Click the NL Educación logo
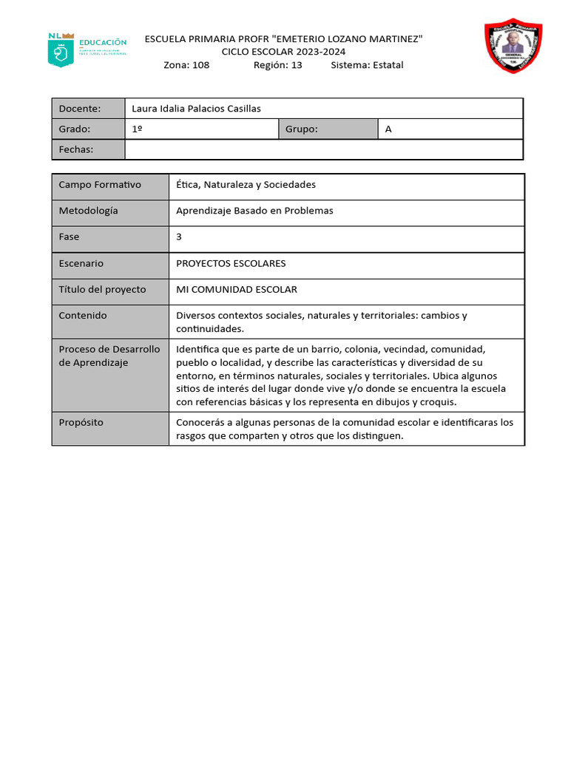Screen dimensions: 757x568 click(x=87, y=50)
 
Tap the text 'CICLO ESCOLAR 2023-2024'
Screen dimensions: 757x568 click(x=283, y=52)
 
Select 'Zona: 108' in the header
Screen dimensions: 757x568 click(x=186, y=65)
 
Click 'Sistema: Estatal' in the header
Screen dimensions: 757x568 click(x=367, y=65)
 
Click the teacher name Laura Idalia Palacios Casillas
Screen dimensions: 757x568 click(x=196, y=109)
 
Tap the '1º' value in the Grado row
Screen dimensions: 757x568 click(x=137, y=129)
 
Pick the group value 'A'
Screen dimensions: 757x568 click(x=388, y=129)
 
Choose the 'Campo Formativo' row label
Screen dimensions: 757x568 click(x=100, y=185)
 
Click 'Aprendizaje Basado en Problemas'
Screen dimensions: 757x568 click(x=254, y=211)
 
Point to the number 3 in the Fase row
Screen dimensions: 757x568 click(x=179, y=237)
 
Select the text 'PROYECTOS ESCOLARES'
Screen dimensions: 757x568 click(x=231, y=264)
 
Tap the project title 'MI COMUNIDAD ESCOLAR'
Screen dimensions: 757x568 click(x=237, y=290)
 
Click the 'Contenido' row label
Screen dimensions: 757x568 click(x=83, y=316)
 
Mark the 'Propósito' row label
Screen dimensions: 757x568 click(x=81, y=423)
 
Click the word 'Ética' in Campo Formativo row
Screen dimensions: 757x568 click(x=187, y=185)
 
